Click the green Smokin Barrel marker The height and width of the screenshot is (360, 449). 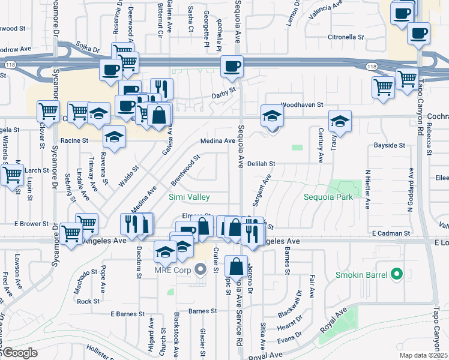(x=396, y=275)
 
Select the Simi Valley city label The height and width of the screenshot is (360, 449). (x=190, y=197)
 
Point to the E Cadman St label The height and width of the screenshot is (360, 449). (x=391, y=233)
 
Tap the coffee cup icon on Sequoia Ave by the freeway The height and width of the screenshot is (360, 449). (x=231, y=67)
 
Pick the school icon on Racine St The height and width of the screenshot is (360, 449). (x=113, y=137)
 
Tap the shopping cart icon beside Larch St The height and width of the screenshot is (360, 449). (x=11, y=175)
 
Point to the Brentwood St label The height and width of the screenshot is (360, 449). (x=185, y=170)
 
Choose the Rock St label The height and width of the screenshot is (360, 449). (x=88, y=301)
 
